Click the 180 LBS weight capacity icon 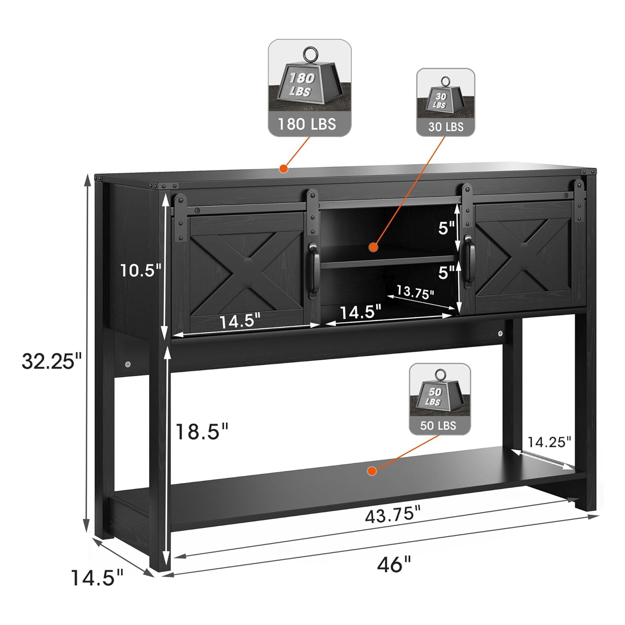pos(310,88)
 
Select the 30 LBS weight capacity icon pos(445,102)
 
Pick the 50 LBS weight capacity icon pos(440,399)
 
